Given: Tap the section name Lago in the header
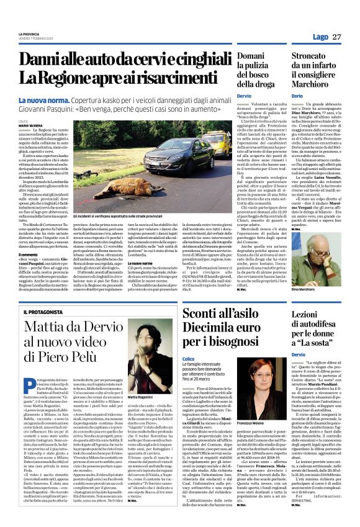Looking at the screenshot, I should (x=320, y=37).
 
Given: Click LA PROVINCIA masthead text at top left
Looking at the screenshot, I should (x=29, y=34).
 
